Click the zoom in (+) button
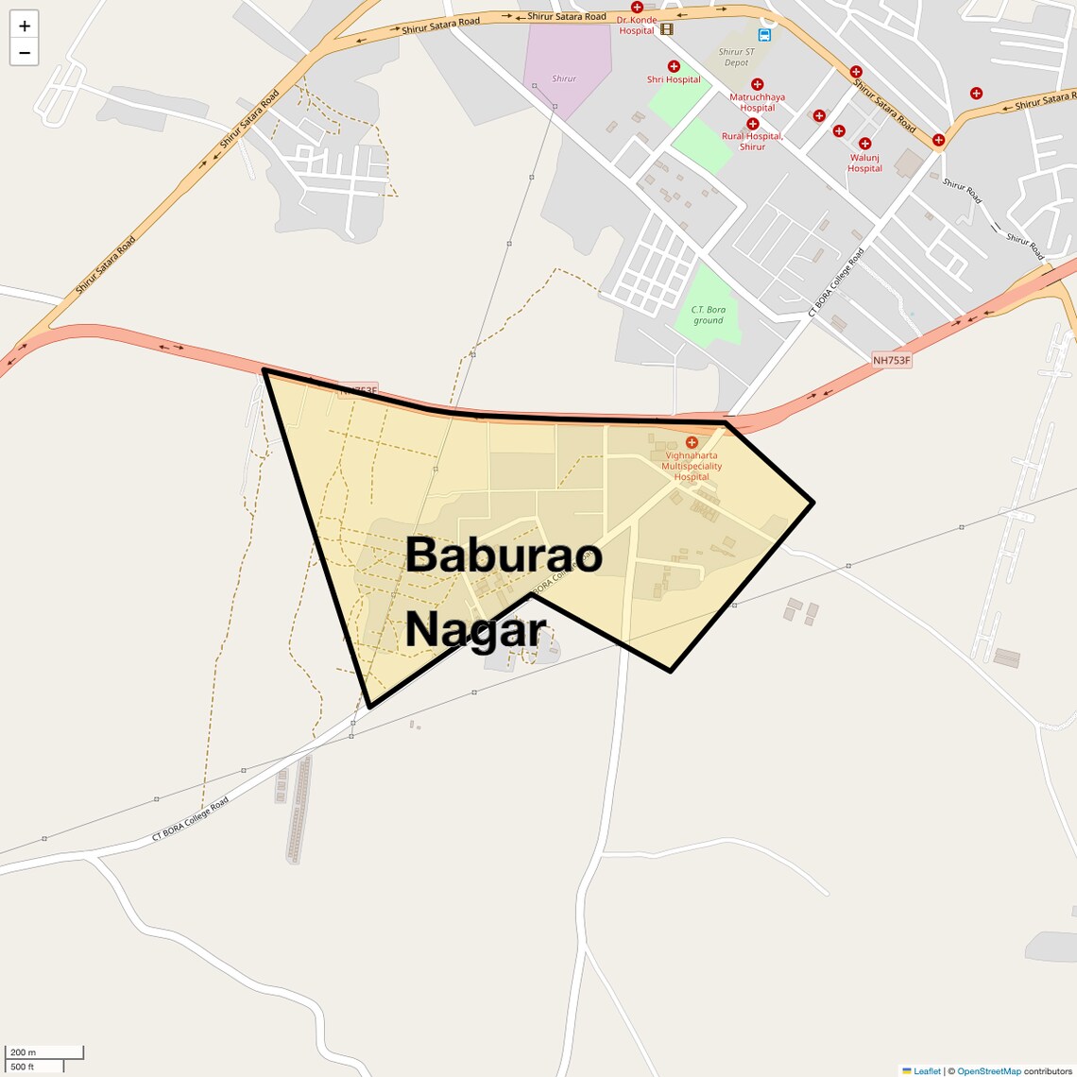tap(25, 26)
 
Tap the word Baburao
tap(504, 555)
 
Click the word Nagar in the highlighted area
tap(476, 628)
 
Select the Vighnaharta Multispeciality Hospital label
tap(692, 466)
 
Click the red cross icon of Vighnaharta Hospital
tap(692, 442)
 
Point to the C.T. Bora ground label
tap(709, 315)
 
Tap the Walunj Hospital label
tap(864, 162)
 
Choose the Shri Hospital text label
tap(674, 79)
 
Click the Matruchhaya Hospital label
tap(757, 102)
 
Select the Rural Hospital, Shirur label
tap(752, 141)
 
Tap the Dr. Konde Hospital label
tap(636, 25)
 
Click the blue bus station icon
tap(764, 35)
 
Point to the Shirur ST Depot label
tap(736, 58)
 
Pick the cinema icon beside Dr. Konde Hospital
tap(667, 29)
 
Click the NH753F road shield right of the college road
tap(891, 360)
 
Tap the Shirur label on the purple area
tap(564, 78)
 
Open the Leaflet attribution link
tap(927, 1070)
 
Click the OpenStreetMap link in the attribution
tap(988, 1070)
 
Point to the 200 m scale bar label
tap(23, 1051)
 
